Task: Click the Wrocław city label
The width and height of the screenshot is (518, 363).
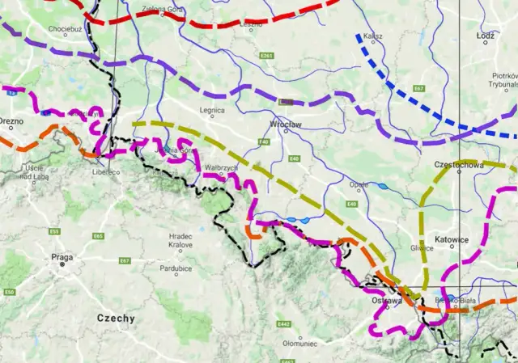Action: [x=284, y=125]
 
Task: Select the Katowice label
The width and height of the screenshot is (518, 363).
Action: [x=452, y=239]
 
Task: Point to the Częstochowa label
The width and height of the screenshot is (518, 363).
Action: [x=459, y=165]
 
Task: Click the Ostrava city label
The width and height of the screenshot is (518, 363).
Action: [x=386, y=299]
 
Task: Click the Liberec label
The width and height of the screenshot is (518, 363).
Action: [x=106, y=172]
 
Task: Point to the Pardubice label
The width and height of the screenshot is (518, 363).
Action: [x=175, y=268]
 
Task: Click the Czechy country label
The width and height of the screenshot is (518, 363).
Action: [x=116, y=318]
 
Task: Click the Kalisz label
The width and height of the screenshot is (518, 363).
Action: [x=373, y=37]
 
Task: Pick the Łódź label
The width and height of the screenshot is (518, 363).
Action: [x=486, y=37]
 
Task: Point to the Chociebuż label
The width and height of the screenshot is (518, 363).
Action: [x=65, y=29]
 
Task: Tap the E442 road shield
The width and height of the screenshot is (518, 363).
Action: [x=283, y=324]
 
